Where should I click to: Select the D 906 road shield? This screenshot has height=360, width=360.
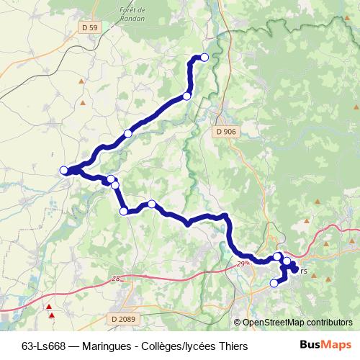point(226,132)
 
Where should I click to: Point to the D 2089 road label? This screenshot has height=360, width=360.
point(123,318)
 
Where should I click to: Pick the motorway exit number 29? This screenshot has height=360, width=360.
point(243,264)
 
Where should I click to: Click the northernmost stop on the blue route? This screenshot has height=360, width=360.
point(204,57)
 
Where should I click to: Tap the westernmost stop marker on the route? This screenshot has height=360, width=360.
point(63,170)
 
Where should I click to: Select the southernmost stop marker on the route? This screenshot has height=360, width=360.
point(274,284)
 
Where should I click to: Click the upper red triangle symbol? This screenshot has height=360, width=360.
point(49,307)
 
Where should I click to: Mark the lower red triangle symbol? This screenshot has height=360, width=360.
point(52,315)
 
